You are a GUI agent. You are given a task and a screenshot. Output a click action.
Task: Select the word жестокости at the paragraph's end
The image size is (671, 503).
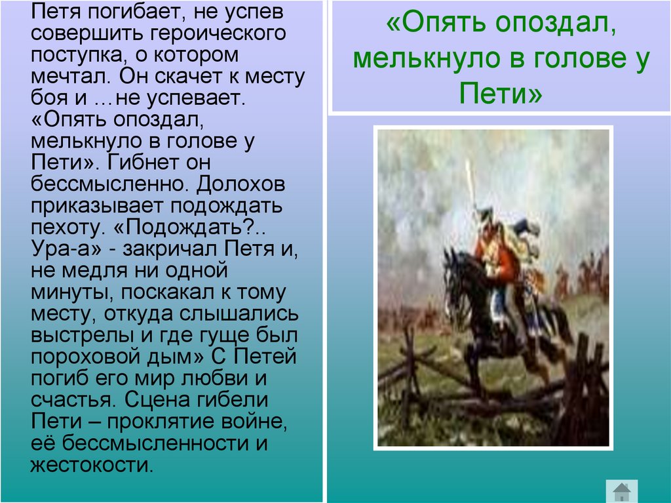91,465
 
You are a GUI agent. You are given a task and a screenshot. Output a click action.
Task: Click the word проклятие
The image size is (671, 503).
160,421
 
